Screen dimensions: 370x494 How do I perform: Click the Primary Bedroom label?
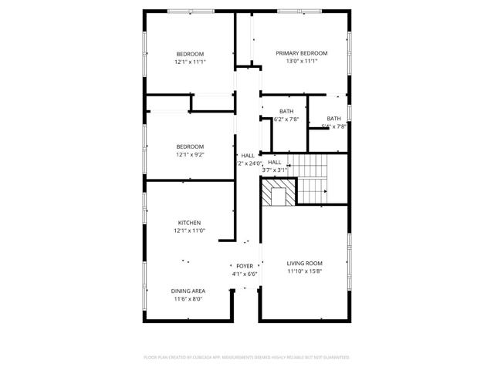[302, 53]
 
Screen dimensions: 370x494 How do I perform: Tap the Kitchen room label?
[190, 223]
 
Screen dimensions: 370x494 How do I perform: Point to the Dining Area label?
[188, 291]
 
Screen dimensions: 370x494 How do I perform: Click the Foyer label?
[245, 266]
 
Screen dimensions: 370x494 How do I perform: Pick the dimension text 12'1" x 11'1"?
[190, 62]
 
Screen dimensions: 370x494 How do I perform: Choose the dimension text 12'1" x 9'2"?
[190, 154]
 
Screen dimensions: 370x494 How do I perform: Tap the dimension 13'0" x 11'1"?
[302, 61]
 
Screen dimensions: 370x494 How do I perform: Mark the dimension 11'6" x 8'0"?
[188, 298]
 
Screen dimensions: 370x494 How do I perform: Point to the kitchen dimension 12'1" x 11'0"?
[190, 230]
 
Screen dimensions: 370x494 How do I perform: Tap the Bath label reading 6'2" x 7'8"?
[286, 111]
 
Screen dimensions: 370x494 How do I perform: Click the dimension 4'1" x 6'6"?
[245, 274]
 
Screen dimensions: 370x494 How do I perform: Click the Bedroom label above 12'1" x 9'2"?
[190, 146]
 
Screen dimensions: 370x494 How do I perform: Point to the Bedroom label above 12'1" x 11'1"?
[190, 54]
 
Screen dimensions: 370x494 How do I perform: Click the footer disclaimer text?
[247, 358]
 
